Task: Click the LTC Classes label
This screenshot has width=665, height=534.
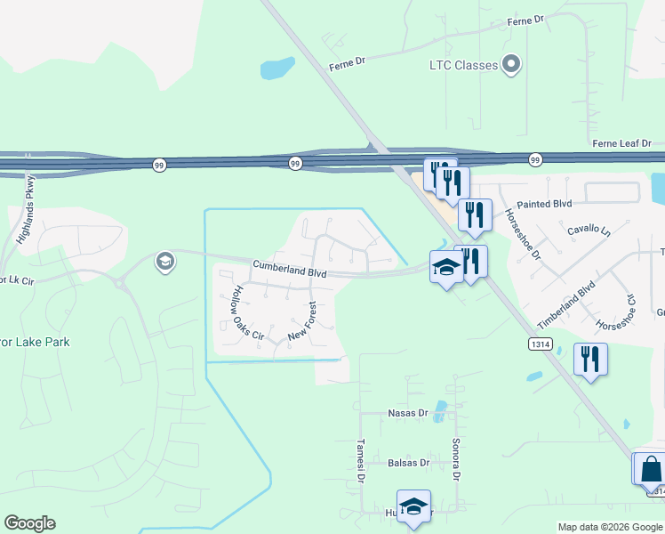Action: coord(462,64)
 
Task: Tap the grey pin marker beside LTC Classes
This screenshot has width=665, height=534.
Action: coord(511,64)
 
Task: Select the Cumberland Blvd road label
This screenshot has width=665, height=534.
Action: coord(291,267)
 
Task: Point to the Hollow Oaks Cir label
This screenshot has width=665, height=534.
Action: coord(247,313)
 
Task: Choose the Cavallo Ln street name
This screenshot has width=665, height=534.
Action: coord(589,231)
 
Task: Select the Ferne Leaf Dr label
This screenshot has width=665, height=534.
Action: coord(622,143)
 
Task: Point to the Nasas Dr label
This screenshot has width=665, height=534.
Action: coord(408,413)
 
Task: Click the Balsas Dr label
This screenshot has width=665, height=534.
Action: coord(409,463)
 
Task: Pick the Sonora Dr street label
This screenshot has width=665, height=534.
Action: coord(456,459)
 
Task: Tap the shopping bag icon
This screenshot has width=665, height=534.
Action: coord(650,468)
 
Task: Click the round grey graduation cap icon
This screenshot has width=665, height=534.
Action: coord(164,262)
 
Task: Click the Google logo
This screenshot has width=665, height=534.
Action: coord(29,523)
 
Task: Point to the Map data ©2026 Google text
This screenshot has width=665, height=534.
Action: coord(609,527)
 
